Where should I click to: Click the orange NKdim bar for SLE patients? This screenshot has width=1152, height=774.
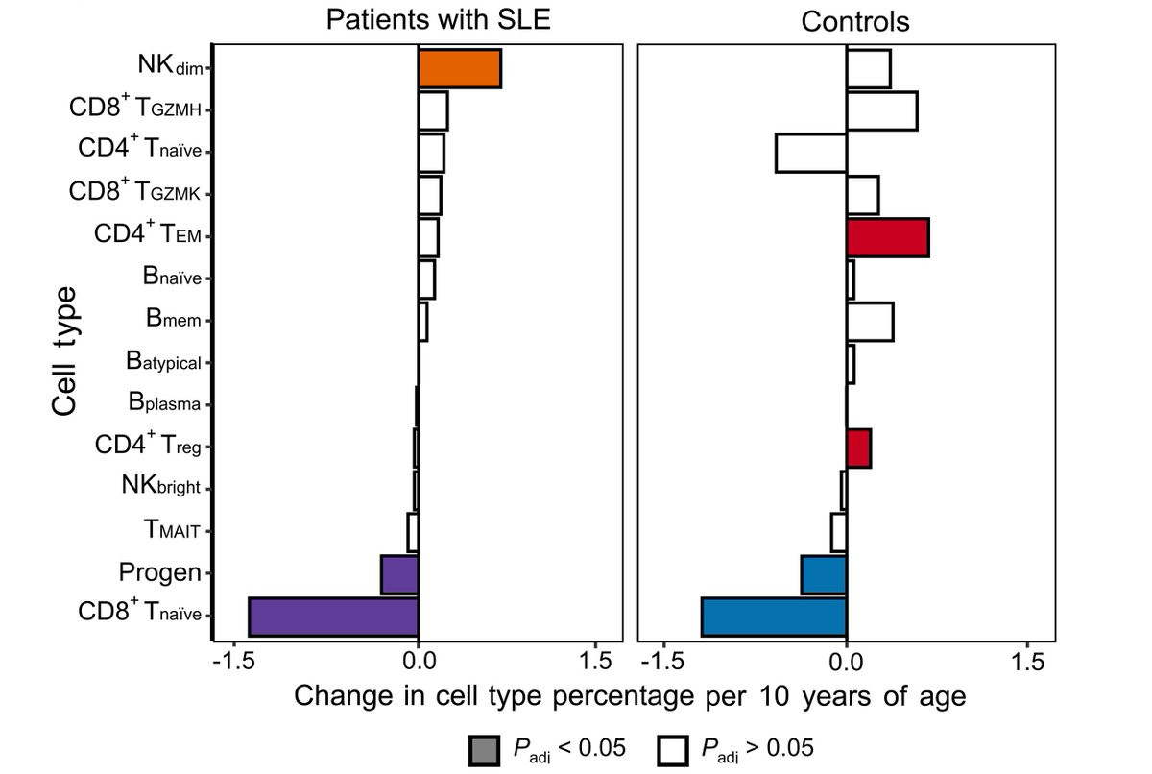click(x=460, y=68)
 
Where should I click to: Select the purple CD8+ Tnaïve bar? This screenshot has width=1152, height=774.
click(x=333, y=616)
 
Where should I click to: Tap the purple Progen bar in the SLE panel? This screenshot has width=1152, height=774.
click(x=399, y=574)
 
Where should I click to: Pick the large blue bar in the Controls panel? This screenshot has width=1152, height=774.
click(x=774, y=616)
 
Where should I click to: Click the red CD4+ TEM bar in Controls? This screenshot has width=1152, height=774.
click(x=887, y=237)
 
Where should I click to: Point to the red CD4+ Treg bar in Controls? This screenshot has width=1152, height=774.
click(x=858, y=448)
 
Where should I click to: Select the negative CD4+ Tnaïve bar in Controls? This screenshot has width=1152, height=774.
click(x=810, y=154)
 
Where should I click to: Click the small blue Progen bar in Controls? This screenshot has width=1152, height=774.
click(x=824, y=574)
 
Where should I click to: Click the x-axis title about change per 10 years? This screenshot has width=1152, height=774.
click(x=629, y=695)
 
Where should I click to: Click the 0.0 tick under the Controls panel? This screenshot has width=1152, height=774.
click(x=846, y=661)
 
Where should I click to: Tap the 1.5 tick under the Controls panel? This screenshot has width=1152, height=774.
click(x=1028, y=661)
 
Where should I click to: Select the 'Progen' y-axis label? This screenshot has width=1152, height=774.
click(x=159, y=573)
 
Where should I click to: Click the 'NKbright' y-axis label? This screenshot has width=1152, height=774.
click(x=161, y=487)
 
